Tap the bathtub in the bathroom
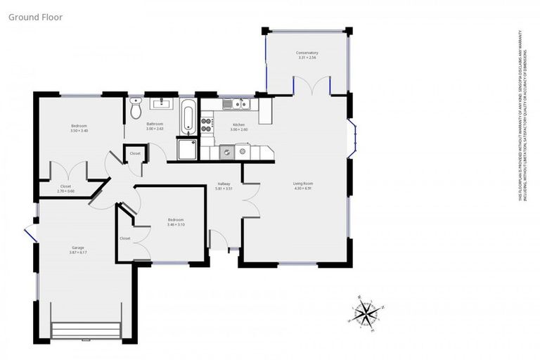tap(188, 117)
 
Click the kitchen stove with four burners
tap(207, 124)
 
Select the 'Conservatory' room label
tap(307, 53)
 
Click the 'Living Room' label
tap(303, 184)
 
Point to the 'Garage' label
tap(77, 247)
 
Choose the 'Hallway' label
tap(224, 184)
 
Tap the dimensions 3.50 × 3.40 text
tap(79, 131)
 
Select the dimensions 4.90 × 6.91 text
tap(303, 189)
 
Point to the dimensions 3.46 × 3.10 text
tap(176, 224)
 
